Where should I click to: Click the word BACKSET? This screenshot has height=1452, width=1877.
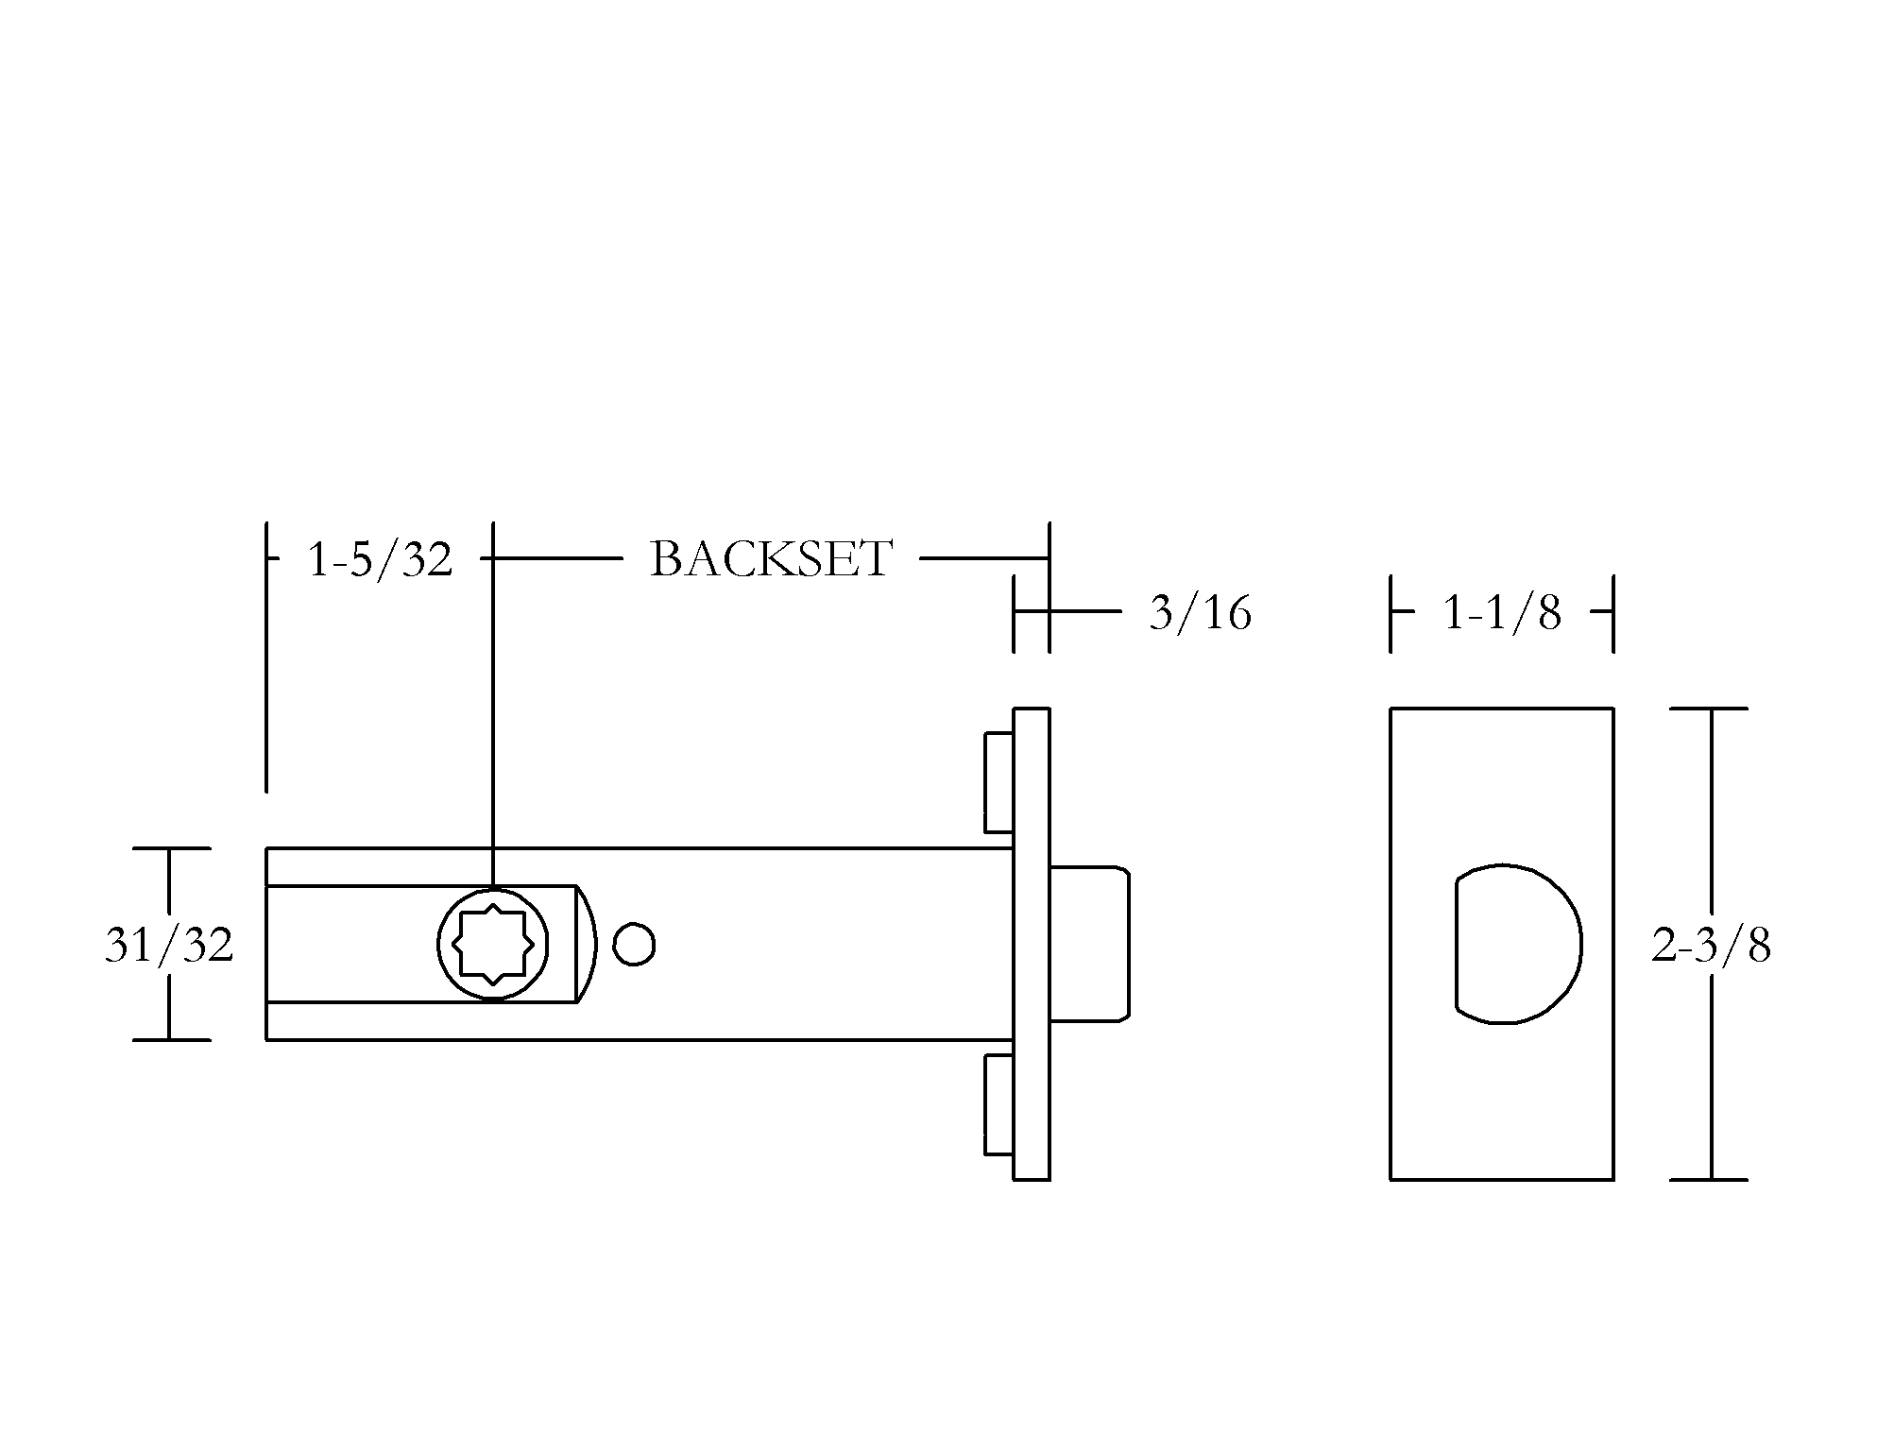point(771,559)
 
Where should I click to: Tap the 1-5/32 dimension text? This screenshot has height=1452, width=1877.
point(380,559)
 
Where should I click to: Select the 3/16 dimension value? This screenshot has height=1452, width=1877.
point(1200,613)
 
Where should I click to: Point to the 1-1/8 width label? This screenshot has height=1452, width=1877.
point(1502,613)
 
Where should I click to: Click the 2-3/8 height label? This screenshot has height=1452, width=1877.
point(1711,945)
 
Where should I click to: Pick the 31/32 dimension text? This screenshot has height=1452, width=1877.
point(169,945)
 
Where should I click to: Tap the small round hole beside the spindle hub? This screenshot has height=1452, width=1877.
point(634,944)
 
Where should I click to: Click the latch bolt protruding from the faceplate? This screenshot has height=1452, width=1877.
point(1090,944)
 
